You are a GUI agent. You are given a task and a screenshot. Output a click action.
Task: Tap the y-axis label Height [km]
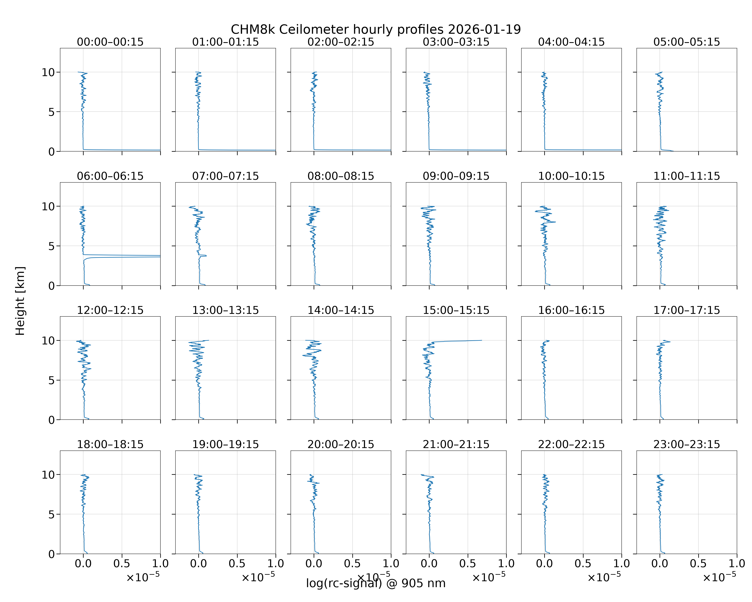tap(20, 301)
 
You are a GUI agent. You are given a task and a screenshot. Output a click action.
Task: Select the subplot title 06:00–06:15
tap(110, 176)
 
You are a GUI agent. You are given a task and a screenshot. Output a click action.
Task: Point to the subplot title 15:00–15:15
tap(456, 310)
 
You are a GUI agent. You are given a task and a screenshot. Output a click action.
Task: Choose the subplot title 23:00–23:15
tap(687, 444)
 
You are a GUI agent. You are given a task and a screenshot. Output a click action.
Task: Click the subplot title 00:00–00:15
tap(110, 42)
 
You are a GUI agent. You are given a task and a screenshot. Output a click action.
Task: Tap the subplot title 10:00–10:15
tap(571, 176)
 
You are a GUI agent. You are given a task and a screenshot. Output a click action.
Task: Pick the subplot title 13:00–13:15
tap(226, 310)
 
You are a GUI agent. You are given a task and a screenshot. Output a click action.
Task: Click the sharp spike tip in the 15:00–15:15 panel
tap(482, 340)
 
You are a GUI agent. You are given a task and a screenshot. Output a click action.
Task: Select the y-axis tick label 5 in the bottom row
tap(52, 514)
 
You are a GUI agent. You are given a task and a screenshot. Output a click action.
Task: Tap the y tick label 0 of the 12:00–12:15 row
tap(52, 420)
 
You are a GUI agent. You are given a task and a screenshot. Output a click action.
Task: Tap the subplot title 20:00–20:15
tap(341, 444)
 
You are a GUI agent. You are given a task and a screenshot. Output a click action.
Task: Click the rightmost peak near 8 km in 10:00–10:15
tap(555, 222)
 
